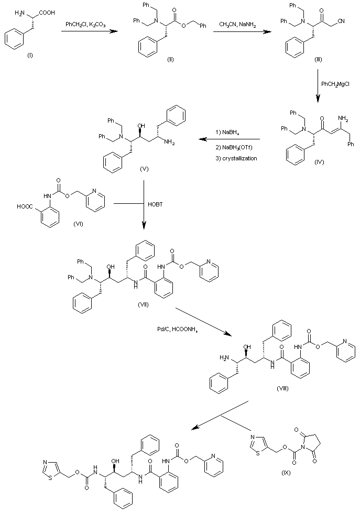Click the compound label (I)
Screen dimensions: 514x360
coord(30,56)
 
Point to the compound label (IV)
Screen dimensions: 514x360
coord(319,162)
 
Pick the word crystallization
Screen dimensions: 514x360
coord(239,158)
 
